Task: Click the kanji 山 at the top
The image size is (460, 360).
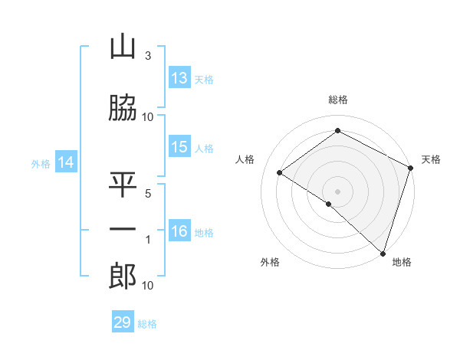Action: pyautogui.click(x=122, y=48)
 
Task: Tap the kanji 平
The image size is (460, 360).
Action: pyautogui.click(x=122, y=185)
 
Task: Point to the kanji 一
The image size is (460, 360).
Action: pyautogui.click(x=122, y=229)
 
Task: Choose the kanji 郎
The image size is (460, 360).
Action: pyautogui.click(x=122, y=277)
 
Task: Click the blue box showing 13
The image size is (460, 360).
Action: pyautogui.click(x=179, y=78)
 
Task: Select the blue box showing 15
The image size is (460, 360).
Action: pyautogui.click(x=179, y=147)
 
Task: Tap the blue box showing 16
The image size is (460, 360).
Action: pyautogui.click(x=179, y=231)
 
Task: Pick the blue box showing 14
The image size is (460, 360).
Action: pyautogui.click(x=66, y=162)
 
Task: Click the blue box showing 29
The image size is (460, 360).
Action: pyautogui.click(x=123, y=322)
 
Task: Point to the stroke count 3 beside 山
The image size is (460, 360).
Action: pyautogui.click(x=148, y=56)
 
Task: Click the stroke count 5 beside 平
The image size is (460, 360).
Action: pyautogui.click(x=148, y=193)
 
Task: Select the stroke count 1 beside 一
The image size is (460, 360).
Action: pyautogui.click(x=148, y=239)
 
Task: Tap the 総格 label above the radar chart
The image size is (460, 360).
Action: pyautogui.click(x=338, y=100)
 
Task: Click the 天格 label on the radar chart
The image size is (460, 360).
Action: pyautogui.click(x=431, y=159)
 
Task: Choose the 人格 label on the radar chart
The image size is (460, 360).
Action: pyautogui.click(x=245, y=159)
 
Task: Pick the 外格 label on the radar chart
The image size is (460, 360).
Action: pyautogui.click(x=269, y=262)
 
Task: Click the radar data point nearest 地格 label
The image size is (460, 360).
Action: pyautogui.click(x=383, y=253)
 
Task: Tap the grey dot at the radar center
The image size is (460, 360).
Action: pyautogui.click(x=337, y=191)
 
